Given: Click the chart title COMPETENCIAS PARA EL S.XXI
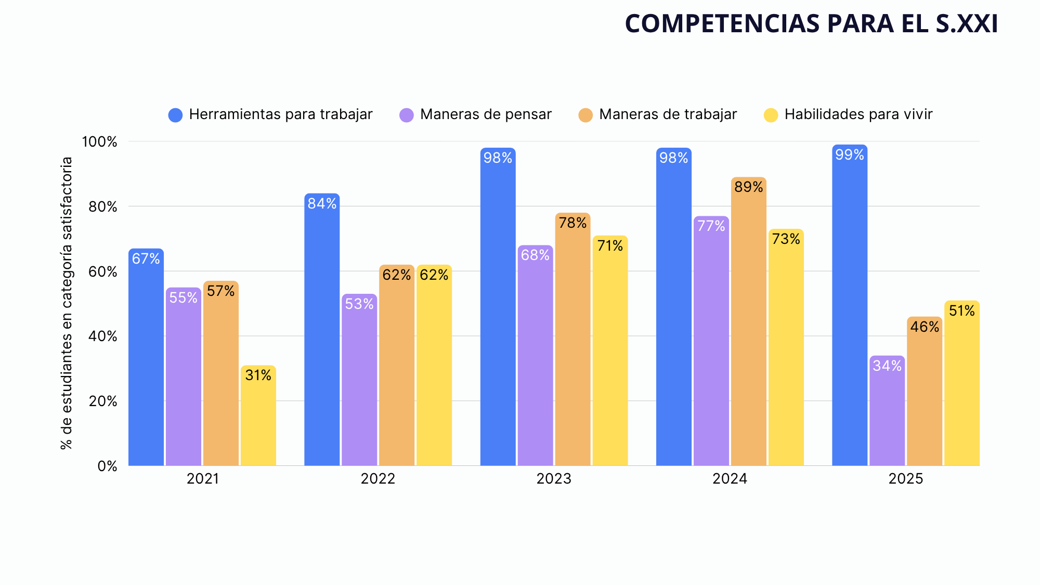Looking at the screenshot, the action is (x=811, y=23).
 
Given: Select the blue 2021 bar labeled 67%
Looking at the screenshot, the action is (x=146, y=357).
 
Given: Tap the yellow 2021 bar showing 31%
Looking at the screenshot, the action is (x=258, y=415).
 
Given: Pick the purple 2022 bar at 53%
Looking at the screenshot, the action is (x=359, y=380).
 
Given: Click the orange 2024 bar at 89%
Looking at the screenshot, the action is (x=749, y=321).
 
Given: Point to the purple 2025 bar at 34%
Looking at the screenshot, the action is (x=887, y=411).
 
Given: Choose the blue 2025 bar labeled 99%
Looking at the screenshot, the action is (x=850, y=305).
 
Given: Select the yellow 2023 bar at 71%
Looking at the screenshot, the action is (x=610, y=350).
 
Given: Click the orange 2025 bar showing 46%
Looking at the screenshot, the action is (x=925, y=391).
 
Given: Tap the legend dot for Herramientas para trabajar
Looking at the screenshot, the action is (x=176, y=115).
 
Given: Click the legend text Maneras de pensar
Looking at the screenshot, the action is (x=486, y=114).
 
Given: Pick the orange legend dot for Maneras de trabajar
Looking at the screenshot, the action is (x=586, y=115).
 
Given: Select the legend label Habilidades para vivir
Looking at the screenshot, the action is (x=859, y=114).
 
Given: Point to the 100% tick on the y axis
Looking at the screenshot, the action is (x=100, y=141).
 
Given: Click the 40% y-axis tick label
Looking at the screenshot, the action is (x=102, y=336).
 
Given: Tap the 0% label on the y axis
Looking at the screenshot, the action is (x=108, y=466).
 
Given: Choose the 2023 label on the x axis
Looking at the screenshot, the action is (x=554, y=478).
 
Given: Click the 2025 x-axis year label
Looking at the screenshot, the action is (x=906, y=478).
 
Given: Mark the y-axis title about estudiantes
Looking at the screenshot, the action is (x=67, y=304).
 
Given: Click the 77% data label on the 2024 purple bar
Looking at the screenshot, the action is (x=711, y=226).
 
